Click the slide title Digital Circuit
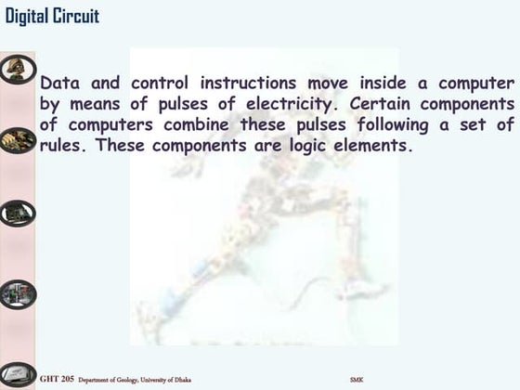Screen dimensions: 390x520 pyautogui.click(x=52, y=16)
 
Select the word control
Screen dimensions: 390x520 pyautogui.click(x=162, y=84)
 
